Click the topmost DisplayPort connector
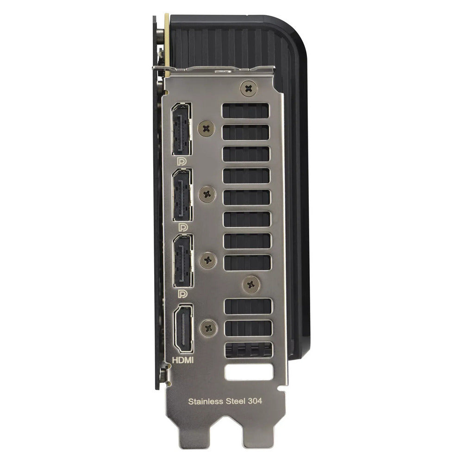[x=181, y=130]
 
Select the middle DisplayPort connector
[x=181, y=195]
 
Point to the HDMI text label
[x=183, y=359]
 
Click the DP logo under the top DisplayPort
[x=183, y=162]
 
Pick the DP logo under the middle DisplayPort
[x=183, y=228]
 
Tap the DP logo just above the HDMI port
[x=183, y=294]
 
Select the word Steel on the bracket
[x=235, y=401]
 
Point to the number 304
[x=255, y=401]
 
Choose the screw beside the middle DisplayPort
[x=207, y=194]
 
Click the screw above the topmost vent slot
[x=249, y=88]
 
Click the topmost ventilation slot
[x=245, y=111]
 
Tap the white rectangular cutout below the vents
[x=249, y=373]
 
